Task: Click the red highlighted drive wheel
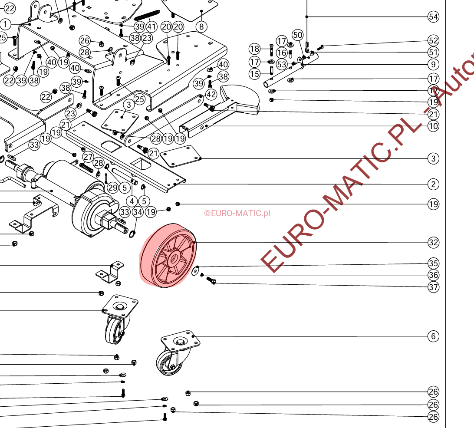[168, 255]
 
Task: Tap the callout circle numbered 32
[433, 243]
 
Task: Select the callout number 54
[433, 17]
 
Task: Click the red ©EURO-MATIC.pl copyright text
[237, 213]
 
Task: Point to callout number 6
[433, 336]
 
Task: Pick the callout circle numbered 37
[433, 286]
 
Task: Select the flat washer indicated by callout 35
[196, 271]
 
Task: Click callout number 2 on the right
[433, 184]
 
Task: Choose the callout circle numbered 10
[433, 126]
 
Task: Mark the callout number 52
[433, 40]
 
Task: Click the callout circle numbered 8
[201, 26]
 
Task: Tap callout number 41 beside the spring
[151, 26]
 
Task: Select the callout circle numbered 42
[211, 95]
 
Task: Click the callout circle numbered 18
[255, 48]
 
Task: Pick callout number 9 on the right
[433, 65]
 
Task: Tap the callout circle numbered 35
[433, 263]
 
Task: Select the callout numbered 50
[297, 35]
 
